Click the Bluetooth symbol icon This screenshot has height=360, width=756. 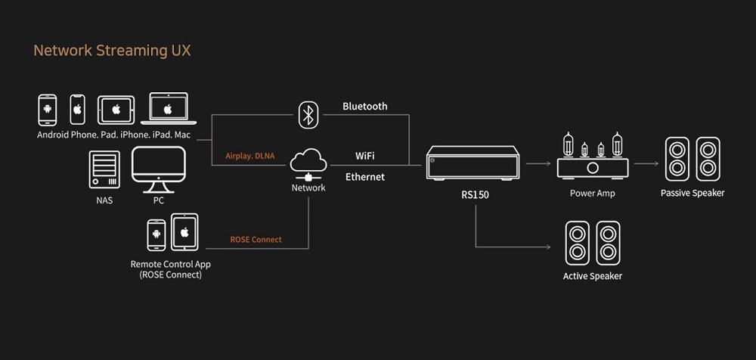click(308, 115)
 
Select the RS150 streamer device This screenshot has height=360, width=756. click(472, 163)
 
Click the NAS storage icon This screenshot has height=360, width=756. click(104, 169)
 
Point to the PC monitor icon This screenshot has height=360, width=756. click(159, 169)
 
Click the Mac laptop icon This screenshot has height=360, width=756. click(169, 108)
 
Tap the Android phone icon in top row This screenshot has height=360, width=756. click(47, 110)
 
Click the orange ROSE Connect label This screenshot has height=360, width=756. click(256, 239)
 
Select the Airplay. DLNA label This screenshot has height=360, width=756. click(249, 156)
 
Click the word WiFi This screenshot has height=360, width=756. click(365, 156)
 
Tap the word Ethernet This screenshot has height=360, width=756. click(365, 177)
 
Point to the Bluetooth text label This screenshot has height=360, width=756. click(365, 106)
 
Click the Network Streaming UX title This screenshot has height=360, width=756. click(112, 51)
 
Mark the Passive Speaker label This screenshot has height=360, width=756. click(692, 193)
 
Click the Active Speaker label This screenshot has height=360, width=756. click(593, 277)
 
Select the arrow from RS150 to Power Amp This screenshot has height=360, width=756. click(538, 163)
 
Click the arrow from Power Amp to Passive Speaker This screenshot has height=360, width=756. click(646, 163)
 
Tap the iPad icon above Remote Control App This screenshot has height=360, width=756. click(184, 232)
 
